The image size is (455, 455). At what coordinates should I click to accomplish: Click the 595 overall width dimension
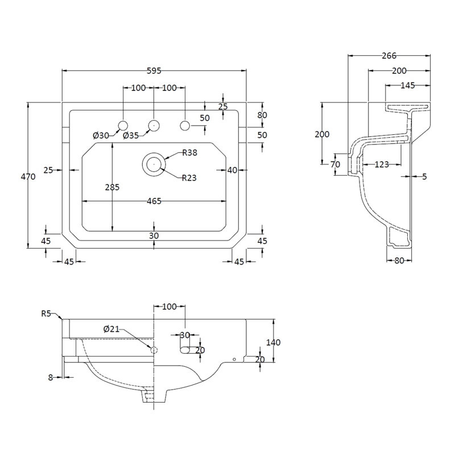154,71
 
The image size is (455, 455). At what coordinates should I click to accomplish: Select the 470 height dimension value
28,176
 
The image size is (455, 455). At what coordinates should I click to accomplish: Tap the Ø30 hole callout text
101,135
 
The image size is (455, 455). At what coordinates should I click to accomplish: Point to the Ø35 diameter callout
131,135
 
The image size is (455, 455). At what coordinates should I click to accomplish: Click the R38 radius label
190,152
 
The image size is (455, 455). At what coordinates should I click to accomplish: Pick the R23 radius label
189,177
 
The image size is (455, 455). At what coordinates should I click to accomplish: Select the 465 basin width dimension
154,201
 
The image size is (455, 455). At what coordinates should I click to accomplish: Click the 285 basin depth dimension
112,188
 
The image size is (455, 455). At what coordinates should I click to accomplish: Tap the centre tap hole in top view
154,126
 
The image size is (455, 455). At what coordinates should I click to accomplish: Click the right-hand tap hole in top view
185,126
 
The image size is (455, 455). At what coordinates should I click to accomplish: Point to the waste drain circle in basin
154,164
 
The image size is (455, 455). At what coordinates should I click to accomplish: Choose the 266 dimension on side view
389,55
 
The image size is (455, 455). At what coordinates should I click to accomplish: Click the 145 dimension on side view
408,85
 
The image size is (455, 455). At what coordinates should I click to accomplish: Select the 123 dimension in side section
382,164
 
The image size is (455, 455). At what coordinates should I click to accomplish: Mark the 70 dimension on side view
335,164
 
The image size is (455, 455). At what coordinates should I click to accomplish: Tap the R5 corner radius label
46,314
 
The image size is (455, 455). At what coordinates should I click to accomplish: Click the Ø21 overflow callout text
111,329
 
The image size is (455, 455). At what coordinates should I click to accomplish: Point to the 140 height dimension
274,342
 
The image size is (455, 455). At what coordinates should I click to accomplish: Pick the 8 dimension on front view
51,378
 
